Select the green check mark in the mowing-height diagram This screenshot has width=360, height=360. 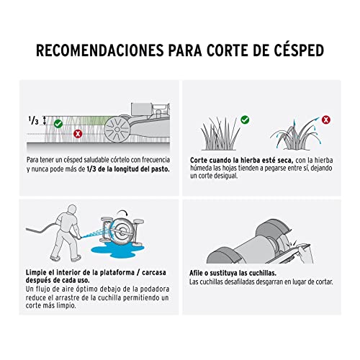tap(58, 124)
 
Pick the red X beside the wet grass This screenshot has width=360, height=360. tap(325, 119)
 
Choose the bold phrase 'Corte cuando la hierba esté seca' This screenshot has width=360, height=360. tap(238, 159)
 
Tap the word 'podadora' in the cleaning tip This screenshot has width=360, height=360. tap(141, 289)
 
